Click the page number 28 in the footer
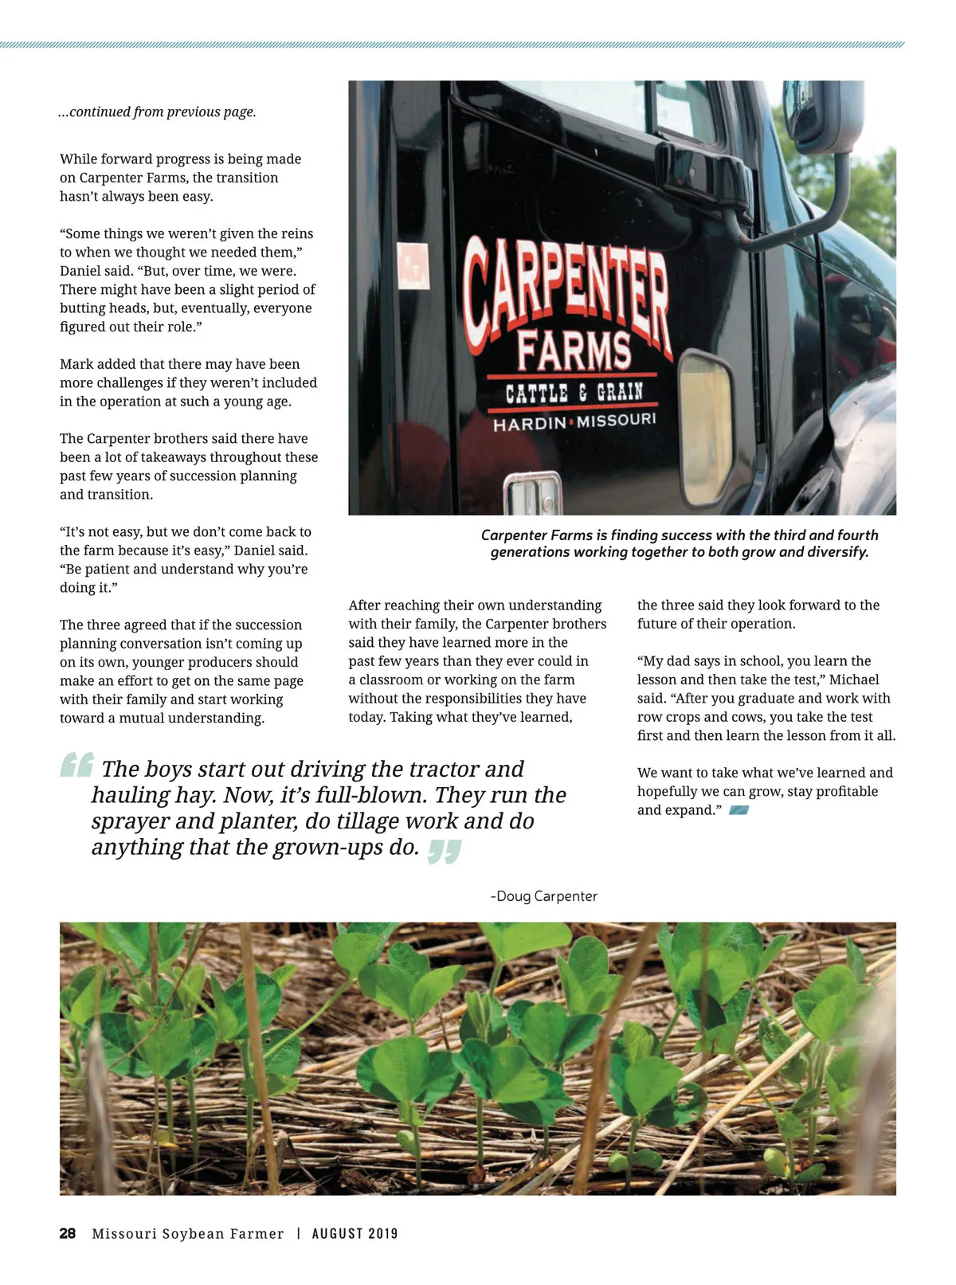tap(68, 1233)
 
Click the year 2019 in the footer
tap(383, 1233)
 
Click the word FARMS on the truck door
tap(574, 350)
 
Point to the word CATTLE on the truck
tap(537, 393)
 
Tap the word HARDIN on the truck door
tap(529, 424)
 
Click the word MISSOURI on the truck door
tap(617, 420)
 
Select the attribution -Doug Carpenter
tap(544, 896)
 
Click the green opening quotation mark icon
tap(77, 765)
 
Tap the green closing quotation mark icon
tap(445, 851)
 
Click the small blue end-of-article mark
tap(739, 810)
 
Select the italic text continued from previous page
tap(158, 112)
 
